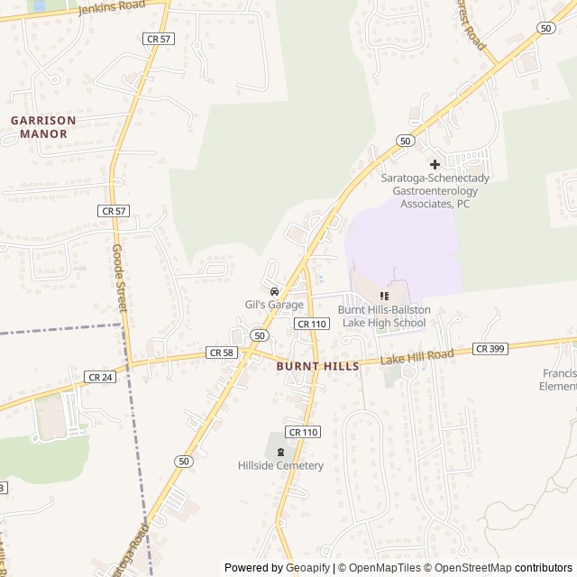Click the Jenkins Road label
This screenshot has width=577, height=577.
(x=113, y=9)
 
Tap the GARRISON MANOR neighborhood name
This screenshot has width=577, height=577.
(x=44, y=126)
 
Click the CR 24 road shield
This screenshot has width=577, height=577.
(x=100, y=376)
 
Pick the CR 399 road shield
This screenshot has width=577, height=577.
(x=489, y=348)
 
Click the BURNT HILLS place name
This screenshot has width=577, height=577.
(x=317, y=367)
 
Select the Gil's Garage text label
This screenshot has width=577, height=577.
(x=274, y=305)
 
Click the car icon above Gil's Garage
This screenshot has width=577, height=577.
(x=274, y=291)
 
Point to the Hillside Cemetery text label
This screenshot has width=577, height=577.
(x=280, y=465)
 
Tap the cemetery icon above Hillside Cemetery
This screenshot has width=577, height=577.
(x=280, y=453)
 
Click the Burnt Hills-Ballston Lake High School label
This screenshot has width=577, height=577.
(x=384, y=316)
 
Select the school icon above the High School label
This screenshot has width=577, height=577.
(x=384, y=296)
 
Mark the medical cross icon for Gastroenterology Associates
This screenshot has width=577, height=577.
(x=435, y=164)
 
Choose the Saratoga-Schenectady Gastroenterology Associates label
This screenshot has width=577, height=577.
(x=435, y=190)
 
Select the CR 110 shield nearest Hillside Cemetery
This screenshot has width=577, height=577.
(x=304, y=432)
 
